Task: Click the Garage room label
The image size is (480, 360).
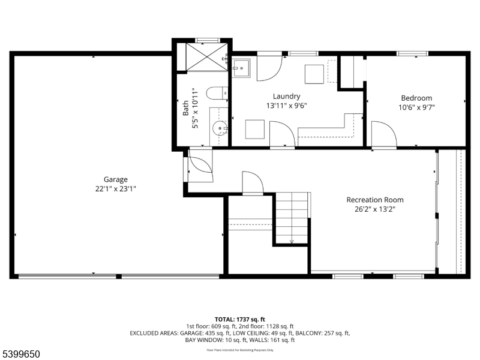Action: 115,179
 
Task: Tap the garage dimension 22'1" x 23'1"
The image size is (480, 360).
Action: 115,189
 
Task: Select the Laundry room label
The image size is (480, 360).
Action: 286,97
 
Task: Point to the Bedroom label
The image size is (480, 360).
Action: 416,98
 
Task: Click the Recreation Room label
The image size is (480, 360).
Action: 374,200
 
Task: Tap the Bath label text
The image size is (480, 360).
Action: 186,108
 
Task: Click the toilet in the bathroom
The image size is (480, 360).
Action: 217,93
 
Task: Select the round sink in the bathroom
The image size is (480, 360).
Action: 220,128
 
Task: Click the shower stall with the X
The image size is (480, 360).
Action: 207,57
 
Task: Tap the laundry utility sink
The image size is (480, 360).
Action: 241,68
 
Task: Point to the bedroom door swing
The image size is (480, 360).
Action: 384,134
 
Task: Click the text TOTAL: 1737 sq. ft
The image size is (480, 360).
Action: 239,320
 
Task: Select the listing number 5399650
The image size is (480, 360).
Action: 20,354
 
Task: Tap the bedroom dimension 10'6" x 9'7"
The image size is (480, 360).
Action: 416,107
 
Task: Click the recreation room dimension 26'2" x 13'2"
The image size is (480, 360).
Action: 374,209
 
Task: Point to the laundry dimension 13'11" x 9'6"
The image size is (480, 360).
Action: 286,106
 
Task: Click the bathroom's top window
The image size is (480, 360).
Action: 208,40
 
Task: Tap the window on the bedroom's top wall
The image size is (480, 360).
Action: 412,53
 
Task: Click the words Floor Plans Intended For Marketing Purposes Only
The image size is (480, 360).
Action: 239,350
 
